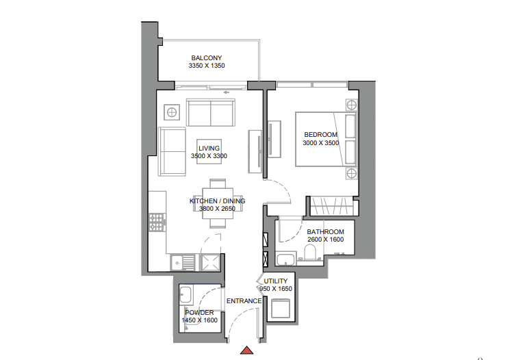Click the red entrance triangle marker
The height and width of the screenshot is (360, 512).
[247, 350]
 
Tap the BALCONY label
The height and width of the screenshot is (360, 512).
[206, 57]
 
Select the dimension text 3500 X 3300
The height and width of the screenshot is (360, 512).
[209, 156]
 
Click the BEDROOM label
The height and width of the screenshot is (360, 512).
[320, 134]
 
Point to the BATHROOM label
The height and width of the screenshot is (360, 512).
[325, 232]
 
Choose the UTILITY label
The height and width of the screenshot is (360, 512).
[276, 281]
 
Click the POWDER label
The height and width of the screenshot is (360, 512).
[199, 313]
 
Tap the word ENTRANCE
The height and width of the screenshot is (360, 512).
[244, 301]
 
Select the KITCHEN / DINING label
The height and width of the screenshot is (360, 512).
[217, 201]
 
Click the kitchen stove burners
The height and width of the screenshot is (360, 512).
[157, 222]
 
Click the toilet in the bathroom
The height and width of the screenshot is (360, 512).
[310, 253]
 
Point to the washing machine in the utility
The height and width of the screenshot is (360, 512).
[280, 309]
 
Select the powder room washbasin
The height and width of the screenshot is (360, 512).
[185, 294]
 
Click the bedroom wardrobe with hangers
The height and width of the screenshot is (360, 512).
[331, 206]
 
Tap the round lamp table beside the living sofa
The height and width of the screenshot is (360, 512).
[172, 113]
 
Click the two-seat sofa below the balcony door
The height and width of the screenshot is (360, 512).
[211, 113]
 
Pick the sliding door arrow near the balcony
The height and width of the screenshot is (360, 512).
[227, 92]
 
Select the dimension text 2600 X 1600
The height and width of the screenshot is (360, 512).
[325, 240]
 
